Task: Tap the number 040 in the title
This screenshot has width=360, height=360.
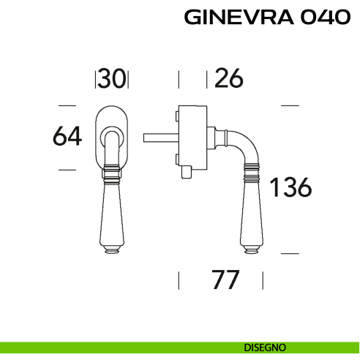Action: [322, 18]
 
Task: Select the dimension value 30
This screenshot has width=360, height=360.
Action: [113, 78]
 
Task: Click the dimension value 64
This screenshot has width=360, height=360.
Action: [66, 137]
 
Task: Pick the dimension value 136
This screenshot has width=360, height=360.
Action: [290, 188]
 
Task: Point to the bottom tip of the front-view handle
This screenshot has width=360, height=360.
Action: [112, 250]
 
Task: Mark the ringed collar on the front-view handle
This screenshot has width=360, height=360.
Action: [112, 173]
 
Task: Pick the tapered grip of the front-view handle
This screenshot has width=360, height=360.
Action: [112, 212]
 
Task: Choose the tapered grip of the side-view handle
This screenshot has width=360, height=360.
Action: [249, 212]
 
